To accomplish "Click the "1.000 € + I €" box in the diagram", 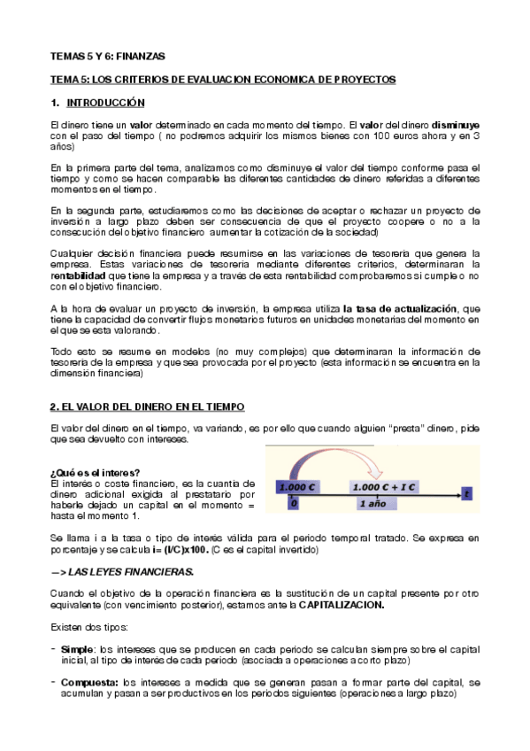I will point(385,487).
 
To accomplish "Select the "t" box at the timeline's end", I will point(466,492).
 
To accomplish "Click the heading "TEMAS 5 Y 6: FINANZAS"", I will point(107,55).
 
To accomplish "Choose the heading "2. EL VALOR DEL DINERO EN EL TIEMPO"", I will point(146,406).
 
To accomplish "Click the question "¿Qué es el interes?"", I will point(96,470).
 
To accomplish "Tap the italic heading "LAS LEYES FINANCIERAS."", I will point(133,572).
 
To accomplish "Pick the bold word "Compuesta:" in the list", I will point(89,683).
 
